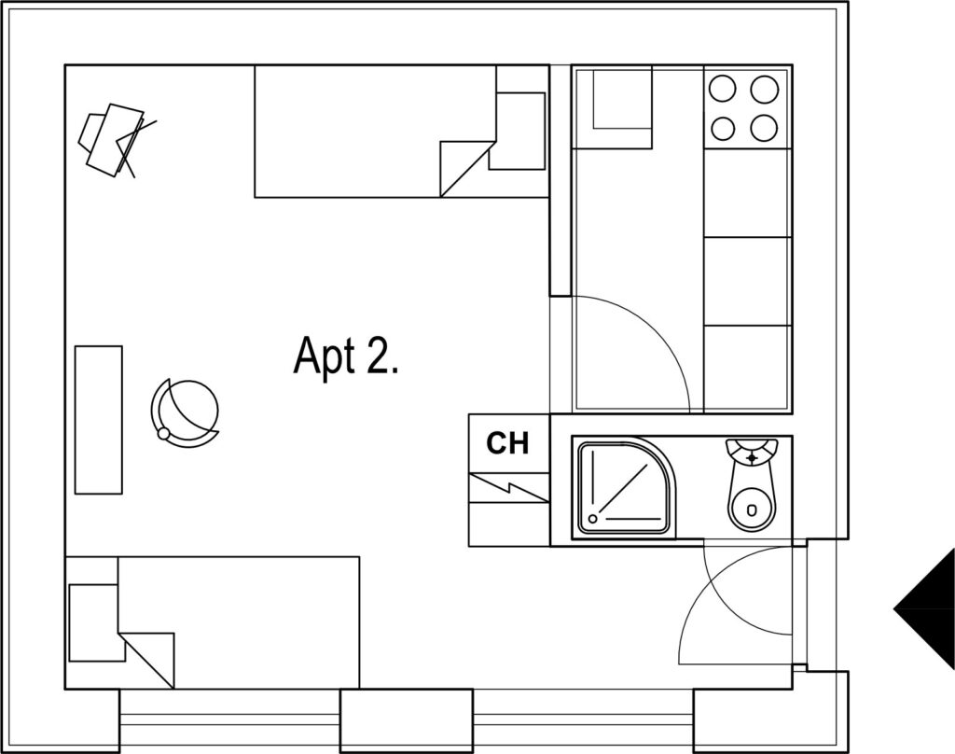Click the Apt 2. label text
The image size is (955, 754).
click(345, 357)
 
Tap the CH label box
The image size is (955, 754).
click(509, 443)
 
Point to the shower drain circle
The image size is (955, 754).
click(592, 520)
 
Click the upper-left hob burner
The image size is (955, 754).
click(723, 89)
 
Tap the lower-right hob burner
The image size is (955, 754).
click(764, 128)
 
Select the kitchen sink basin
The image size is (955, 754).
click(622, 98)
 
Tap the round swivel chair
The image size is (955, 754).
click(185, 414)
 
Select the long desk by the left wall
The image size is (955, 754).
click(98, 419)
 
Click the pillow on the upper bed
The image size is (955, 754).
click(517, 131)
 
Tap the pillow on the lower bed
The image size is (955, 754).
click(94, 622)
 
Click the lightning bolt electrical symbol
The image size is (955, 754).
click(509, 488)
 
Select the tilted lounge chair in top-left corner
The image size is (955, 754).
click(117, 141)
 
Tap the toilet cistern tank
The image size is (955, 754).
click(752, 451)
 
